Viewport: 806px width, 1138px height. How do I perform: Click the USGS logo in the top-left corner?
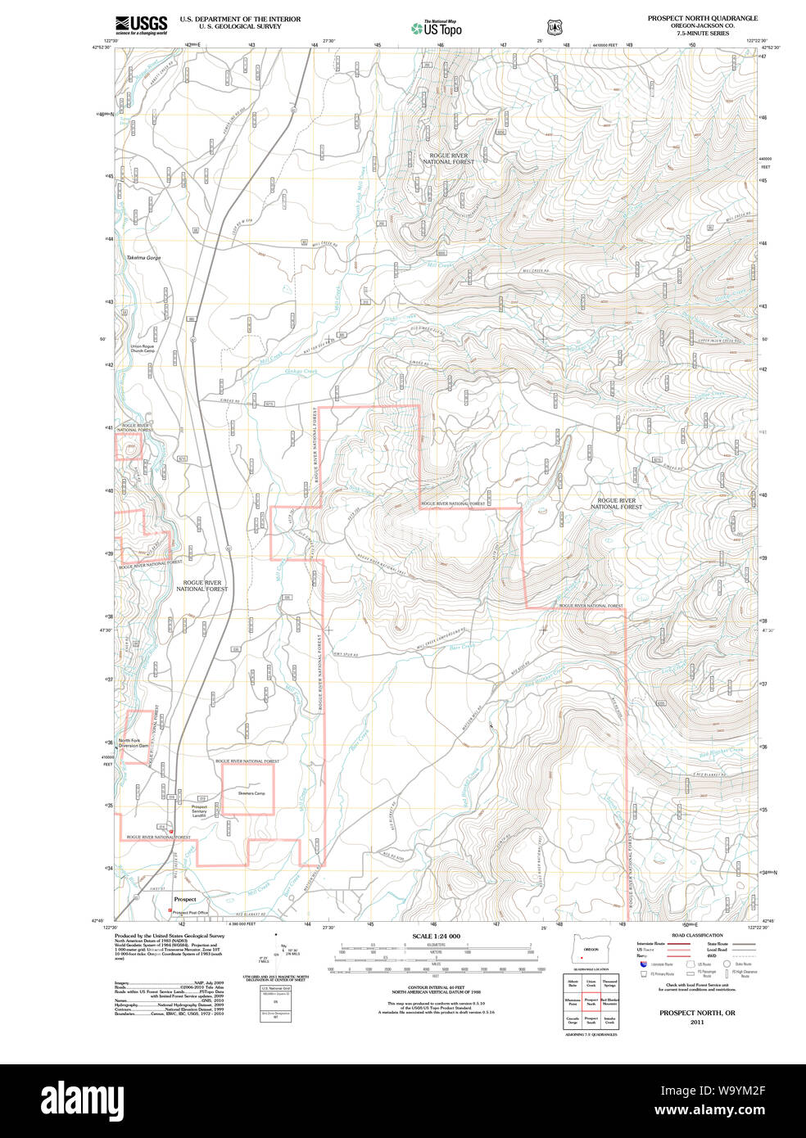[141, 25]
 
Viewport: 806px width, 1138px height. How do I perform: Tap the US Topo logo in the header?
[437, 29]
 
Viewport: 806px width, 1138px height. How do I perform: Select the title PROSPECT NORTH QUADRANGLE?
[702, 18]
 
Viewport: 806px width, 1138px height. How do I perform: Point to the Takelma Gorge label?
[143, 258]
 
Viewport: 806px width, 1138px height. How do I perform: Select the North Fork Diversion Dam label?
[134, 743]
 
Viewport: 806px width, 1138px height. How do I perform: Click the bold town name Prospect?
[185, 899]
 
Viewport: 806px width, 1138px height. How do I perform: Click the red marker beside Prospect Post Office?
[170, 911]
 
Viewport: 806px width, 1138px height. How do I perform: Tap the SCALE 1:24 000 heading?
[436, 936]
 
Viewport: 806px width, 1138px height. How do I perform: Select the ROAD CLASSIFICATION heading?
[697, 935]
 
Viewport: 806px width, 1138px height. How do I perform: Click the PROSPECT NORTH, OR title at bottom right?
[697, 1013]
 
